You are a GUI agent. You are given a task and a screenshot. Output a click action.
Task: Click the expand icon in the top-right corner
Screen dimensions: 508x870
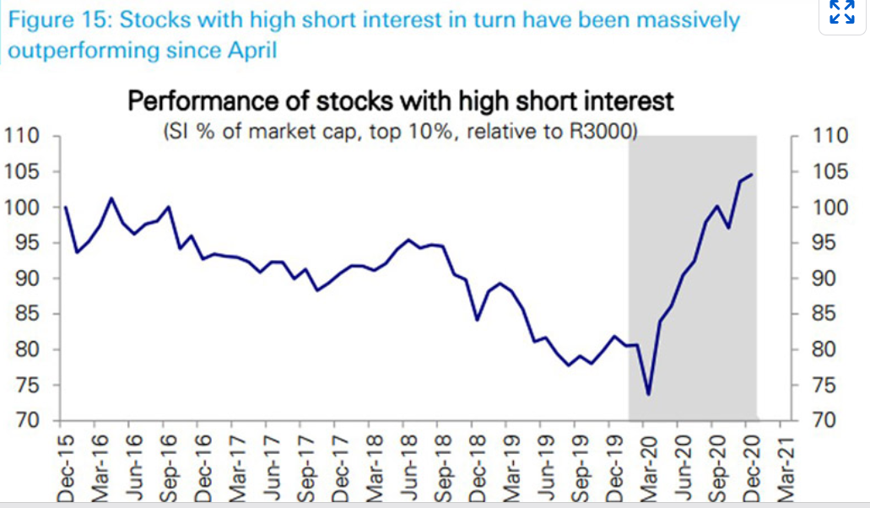point(841,13)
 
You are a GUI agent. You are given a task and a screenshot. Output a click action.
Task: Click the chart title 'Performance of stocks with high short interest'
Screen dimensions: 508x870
point(400,102)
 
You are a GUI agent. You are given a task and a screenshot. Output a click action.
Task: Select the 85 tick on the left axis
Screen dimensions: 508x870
point(25,314)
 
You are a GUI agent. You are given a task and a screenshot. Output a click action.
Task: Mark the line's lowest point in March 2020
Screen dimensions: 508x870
point(648,394)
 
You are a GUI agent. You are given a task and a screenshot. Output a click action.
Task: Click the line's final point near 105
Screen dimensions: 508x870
point(752,174)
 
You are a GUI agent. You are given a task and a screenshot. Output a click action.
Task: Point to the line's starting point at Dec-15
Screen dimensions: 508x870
point(66,207)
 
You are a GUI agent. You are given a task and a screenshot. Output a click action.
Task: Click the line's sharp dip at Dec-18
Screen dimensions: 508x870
point(478,320)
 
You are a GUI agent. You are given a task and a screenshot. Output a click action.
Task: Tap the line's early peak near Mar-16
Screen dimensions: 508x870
point(111,198)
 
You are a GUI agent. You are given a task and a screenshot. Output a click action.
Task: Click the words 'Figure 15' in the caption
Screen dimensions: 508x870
point(52,19)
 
